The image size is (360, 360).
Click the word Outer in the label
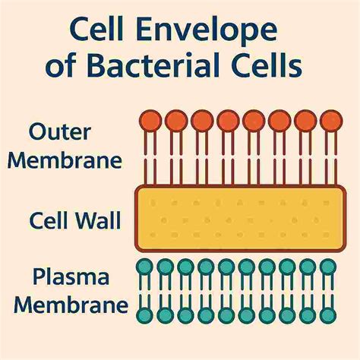click(62, 131)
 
